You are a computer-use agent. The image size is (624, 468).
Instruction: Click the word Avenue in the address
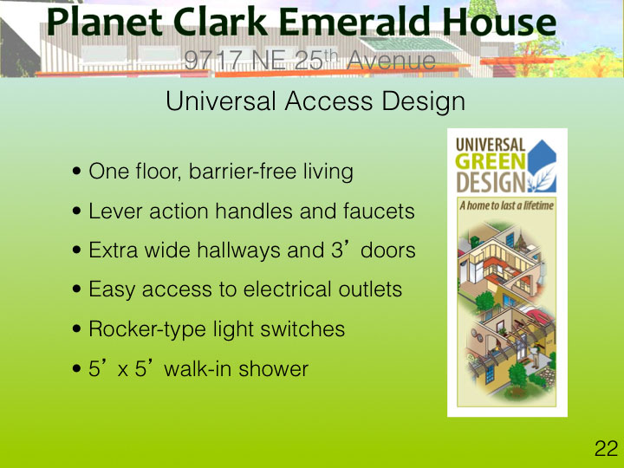pyautogui.click(x=391, y=61)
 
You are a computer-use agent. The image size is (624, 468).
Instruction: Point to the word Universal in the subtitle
pyautogui.click(x=221, y=101)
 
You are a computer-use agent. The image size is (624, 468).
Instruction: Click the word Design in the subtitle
pyautogui.click(x=424, y=102)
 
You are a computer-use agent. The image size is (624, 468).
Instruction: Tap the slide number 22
pyautogui.click(x=606, y=449)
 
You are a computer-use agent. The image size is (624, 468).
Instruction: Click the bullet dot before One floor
pyautogui.click(x=77, y=172)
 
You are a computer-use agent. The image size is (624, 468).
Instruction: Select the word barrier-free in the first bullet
pyautogui.click(x=243, y=171)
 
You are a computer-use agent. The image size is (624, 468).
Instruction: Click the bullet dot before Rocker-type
pyautogui.click(x=77, y=329)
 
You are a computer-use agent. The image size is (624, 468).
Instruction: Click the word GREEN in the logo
pyautogui.click(x=491, y=162)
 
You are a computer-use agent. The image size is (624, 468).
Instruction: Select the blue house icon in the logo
pyautogui.click(x=542, y=166)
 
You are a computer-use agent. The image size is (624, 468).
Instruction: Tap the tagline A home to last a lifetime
pyautogui.click(x=507, y=205)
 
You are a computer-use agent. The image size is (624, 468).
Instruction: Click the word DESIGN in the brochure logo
pyautogui.click(x=491, y=182)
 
